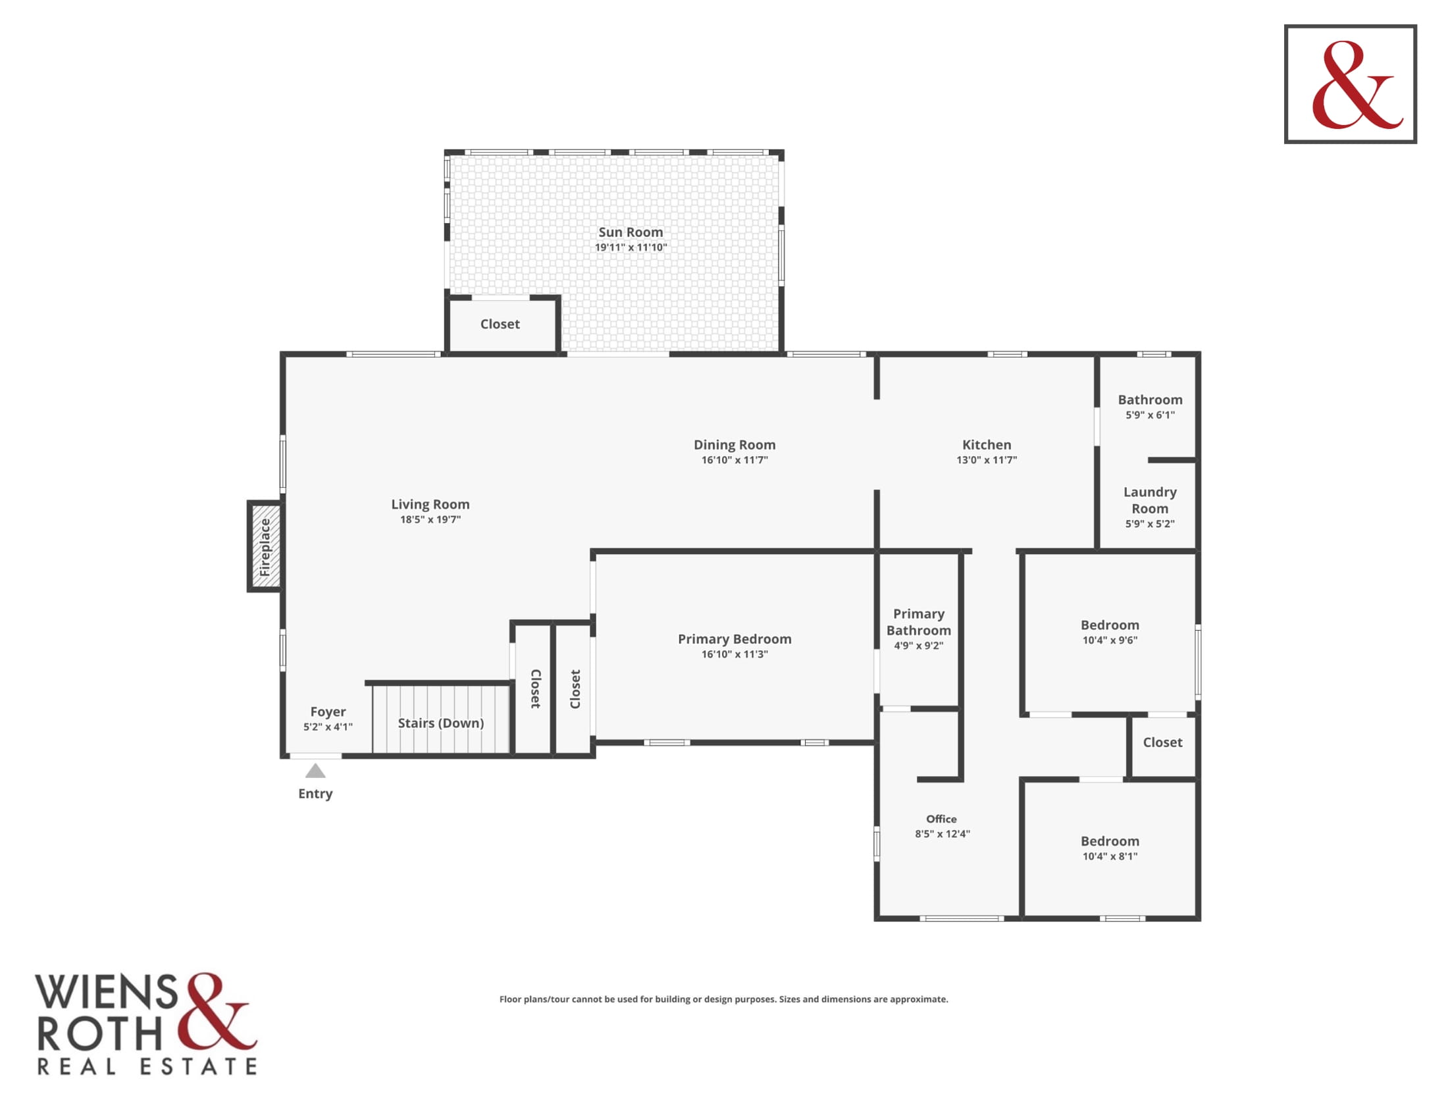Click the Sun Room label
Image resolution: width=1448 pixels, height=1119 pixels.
tap(631, 232)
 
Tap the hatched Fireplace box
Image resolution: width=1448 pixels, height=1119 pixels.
tap(265, 546)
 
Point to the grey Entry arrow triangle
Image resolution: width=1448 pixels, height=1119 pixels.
tap(315, 770)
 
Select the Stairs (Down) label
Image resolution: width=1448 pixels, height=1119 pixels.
tap(441, 723)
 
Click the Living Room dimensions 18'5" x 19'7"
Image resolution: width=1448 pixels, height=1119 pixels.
tap(430, 520)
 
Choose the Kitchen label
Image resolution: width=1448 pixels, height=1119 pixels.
tap(987, 445)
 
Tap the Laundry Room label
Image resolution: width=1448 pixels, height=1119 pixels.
tap(1150, 500)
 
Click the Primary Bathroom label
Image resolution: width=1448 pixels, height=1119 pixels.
tap(918, 622)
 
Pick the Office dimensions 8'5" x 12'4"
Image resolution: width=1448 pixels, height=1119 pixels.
tap(942, 834)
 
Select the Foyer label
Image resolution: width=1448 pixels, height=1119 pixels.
tap(328, 712)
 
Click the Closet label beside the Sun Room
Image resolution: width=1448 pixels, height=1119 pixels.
tap(500, 324)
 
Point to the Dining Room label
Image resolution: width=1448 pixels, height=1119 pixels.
tap(735, 445)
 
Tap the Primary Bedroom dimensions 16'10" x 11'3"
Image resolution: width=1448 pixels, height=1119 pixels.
tap(735, 654)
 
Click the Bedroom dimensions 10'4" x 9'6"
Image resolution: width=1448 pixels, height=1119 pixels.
tap(1110, 640)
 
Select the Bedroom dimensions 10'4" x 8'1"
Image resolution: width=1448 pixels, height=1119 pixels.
tap(1110, 856)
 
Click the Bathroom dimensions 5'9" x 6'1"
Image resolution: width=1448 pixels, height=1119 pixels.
tap(1150, 415)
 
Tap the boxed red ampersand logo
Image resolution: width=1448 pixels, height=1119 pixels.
tap(1351, 84)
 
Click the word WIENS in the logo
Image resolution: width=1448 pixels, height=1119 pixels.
tap(106, 992)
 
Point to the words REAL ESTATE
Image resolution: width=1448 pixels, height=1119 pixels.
tap(147, 1066)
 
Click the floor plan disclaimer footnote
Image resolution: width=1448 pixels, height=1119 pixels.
tap(723, 999)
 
